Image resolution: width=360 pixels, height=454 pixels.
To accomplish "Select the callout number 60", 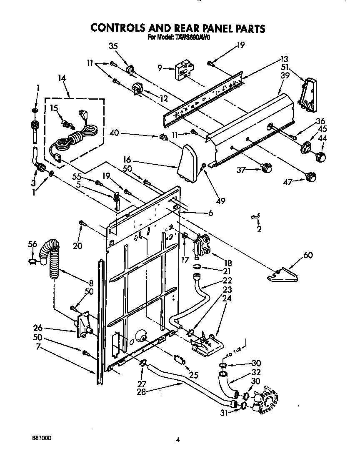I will coord(308,255).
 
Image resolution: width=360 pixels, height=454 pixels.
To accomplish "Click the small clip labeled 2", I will coord(255,215).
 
